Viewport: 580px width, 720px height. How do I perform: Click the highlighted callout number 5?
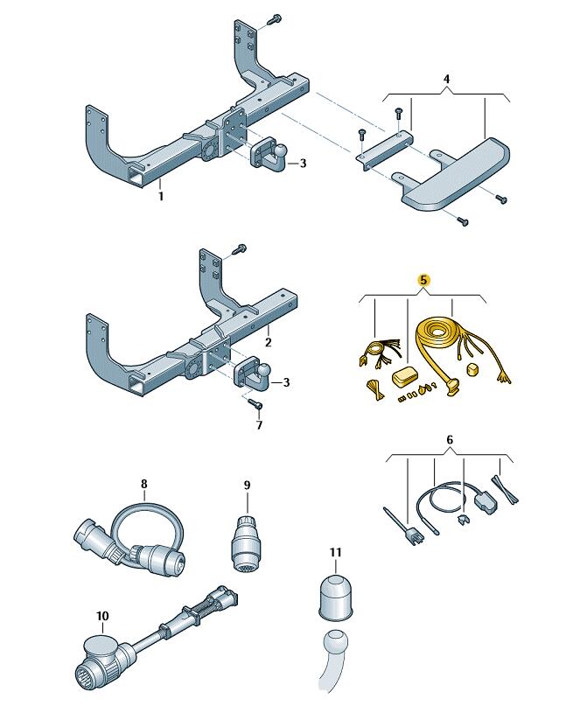(x=423, y=280)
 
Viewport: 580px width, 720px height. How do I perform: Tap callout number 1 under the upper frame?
(x=161, y=197)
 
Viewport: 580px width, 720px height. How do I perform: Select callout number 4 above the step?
(x=446, y=80)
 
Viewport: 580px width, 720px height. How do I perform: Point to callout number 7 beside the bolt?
(x=258, y=426)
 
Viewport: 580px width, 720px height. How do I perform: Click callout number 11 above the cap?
(x=336, y=552)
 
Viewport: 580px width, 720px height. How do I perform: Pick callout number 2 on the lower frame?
(x=269, y=342)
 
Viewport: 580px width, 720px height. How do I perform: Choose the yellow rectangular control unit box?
(x=405, y=376)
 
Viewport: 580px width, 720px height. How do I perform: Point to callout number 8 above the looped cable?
(x=144, y=483)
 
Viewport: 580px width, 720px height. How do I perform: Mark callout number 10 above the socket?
(x=102, y=616)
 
